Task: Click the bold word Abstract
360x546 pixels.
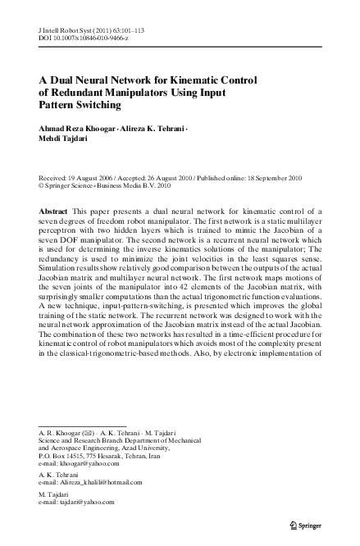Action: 54,212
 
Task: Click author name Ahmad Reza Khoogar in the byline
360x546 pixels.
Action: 72,129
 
